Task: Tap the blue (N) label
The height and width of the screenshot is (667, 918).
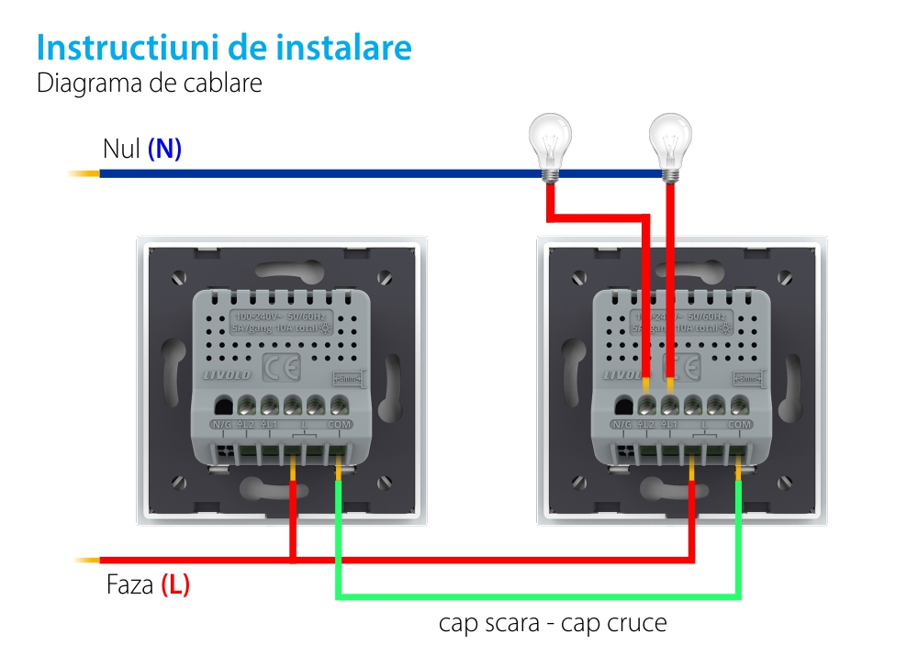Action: pyautogui.click(x=164, y=149)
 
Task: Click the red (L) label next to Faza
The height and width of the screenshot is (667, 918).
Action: pyautogui.click(x=175, y=584)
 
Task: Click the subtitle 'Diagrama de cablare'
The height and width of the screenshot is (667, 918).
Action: pyautogui.click(x=150, y=83)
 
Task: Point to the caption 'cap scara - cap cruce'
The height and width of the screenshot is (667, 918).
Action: pyautogui.click(x=553, y=624)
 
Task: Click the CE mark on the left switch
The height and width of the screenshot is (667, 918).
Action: pyautogui.click(x=281, y=366)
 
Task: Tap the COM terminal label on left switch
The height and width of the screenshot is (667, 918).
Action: pyautogui.click(x=339, y=425)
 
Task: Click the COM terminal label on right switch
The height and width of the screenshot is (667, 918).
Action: pyautogui.click(x=739, y=425)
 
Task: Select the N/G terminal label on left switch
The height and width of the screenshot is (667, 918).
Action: pyautogui.click(x=221, y=425)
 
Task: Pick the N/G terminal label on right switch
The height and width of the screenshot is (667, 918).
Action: pyautogui.click(x=622, y=425)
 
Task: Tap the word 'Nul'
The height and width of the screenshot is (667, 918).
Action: pyautogui.click(x=120, y=149)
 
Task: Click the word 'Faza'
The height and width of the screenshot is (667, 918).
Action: pyautogui.click(x=129, y=584)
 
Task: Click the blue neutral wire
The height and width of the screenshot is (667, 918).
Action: pyautogui.click(x=321, y=172)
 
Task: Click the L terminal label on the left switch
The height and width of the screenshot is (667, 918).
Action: pyautogui.click(x=304, y=425)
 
